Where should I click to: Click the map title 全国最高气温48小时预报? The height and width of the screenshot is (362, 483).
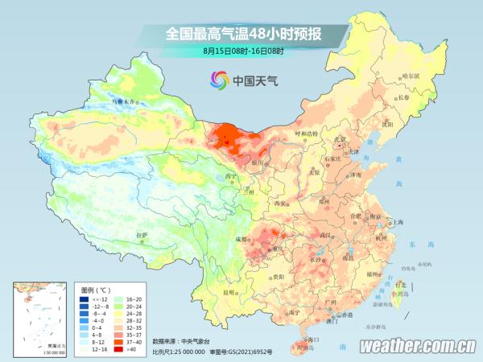[242, 34]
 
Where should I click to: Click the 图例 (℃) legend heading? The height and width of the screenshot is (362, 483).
[96, 288]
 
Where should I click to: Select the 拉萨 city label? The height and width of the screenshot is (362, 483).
[142, 235]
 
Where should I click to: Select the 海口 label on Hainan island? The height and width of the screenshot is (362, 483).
[305, 341]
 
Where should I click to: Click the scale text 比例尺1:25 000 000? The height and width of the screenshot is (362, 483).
[178, 352]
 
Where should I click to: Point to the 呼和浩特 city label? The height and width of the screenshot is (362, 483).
[307, 133]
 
